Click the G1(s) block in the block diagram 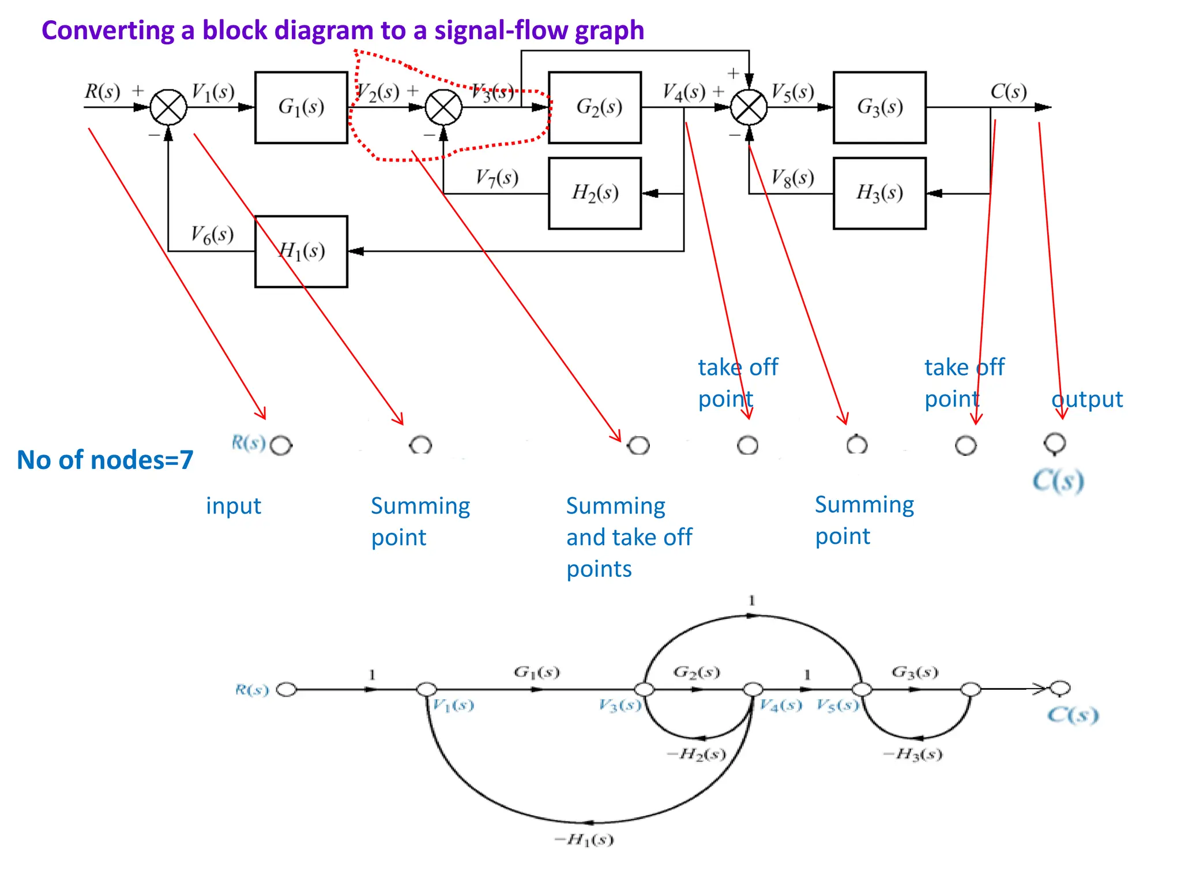coord(301,107)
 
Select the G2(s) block coord(595,107)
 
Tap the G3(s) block coord(879,107)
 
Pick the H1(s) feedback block coord(301,251)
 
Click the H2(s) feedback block coord(595,193)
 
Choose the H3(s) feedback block coord(879,193)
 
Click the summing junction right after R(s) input coord(168,107)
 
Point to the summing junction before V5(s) coord(749,107)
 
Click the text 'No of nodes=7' coord(105,460)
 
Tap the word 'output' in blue coord(1087,399)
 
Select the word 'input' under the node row coord(234,506)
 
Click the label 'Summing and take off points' coord(629,537)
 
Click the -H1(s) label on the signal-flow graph coord(584,840)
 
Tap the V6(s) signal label coord(212,234)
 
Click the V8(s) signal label coord(793,178)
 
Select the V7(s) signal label coord(497,178)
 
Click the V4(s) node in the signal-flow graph coord(753,689)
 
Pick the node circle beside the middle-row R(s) coord(281,445)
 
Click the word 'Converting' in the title coord(108,30)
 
